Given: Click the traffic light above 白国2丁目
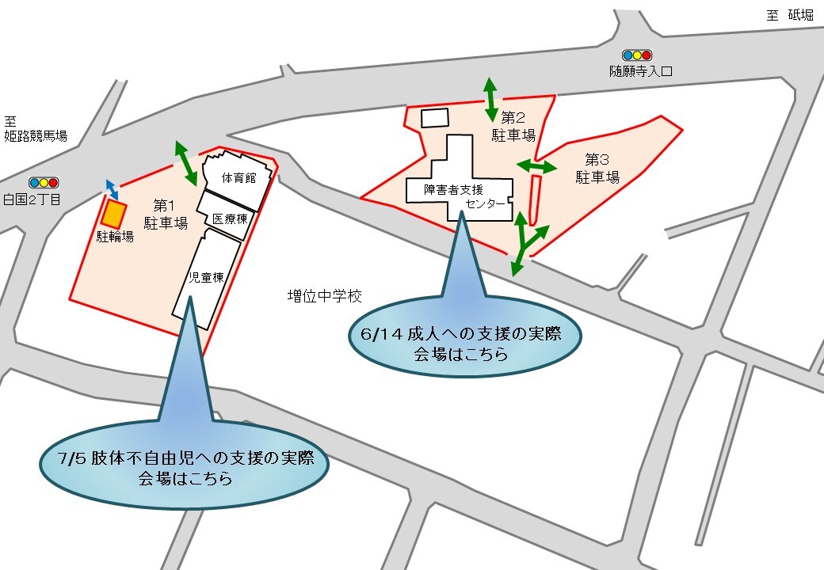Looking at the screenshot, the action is [x=43, y=182].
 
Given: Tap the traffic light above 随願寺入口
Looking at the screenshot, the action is [x=636, y=55].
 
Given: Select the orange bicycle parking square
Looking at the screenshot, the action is [x=115, y=213].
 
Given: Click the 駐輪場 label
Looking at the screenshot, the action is [x=116, y=236].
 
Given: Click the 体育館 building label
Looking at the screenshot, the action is [x=238, y=177].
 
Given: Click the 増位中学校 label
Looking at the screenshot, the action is [x=324, y=297].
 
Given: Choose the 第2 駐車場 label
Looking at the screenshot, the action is [x=513, y=127].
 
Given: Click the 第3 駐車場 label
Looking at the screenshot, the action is [x=597, y=167].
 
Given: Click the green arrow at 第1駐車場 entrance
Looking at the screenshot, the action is [x=187, y=161].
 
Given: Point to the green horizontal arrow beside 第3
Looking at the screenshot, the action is [x=536, y=166].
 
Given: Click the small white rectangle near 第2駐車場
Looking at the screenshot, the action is [x=434, y=118].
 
